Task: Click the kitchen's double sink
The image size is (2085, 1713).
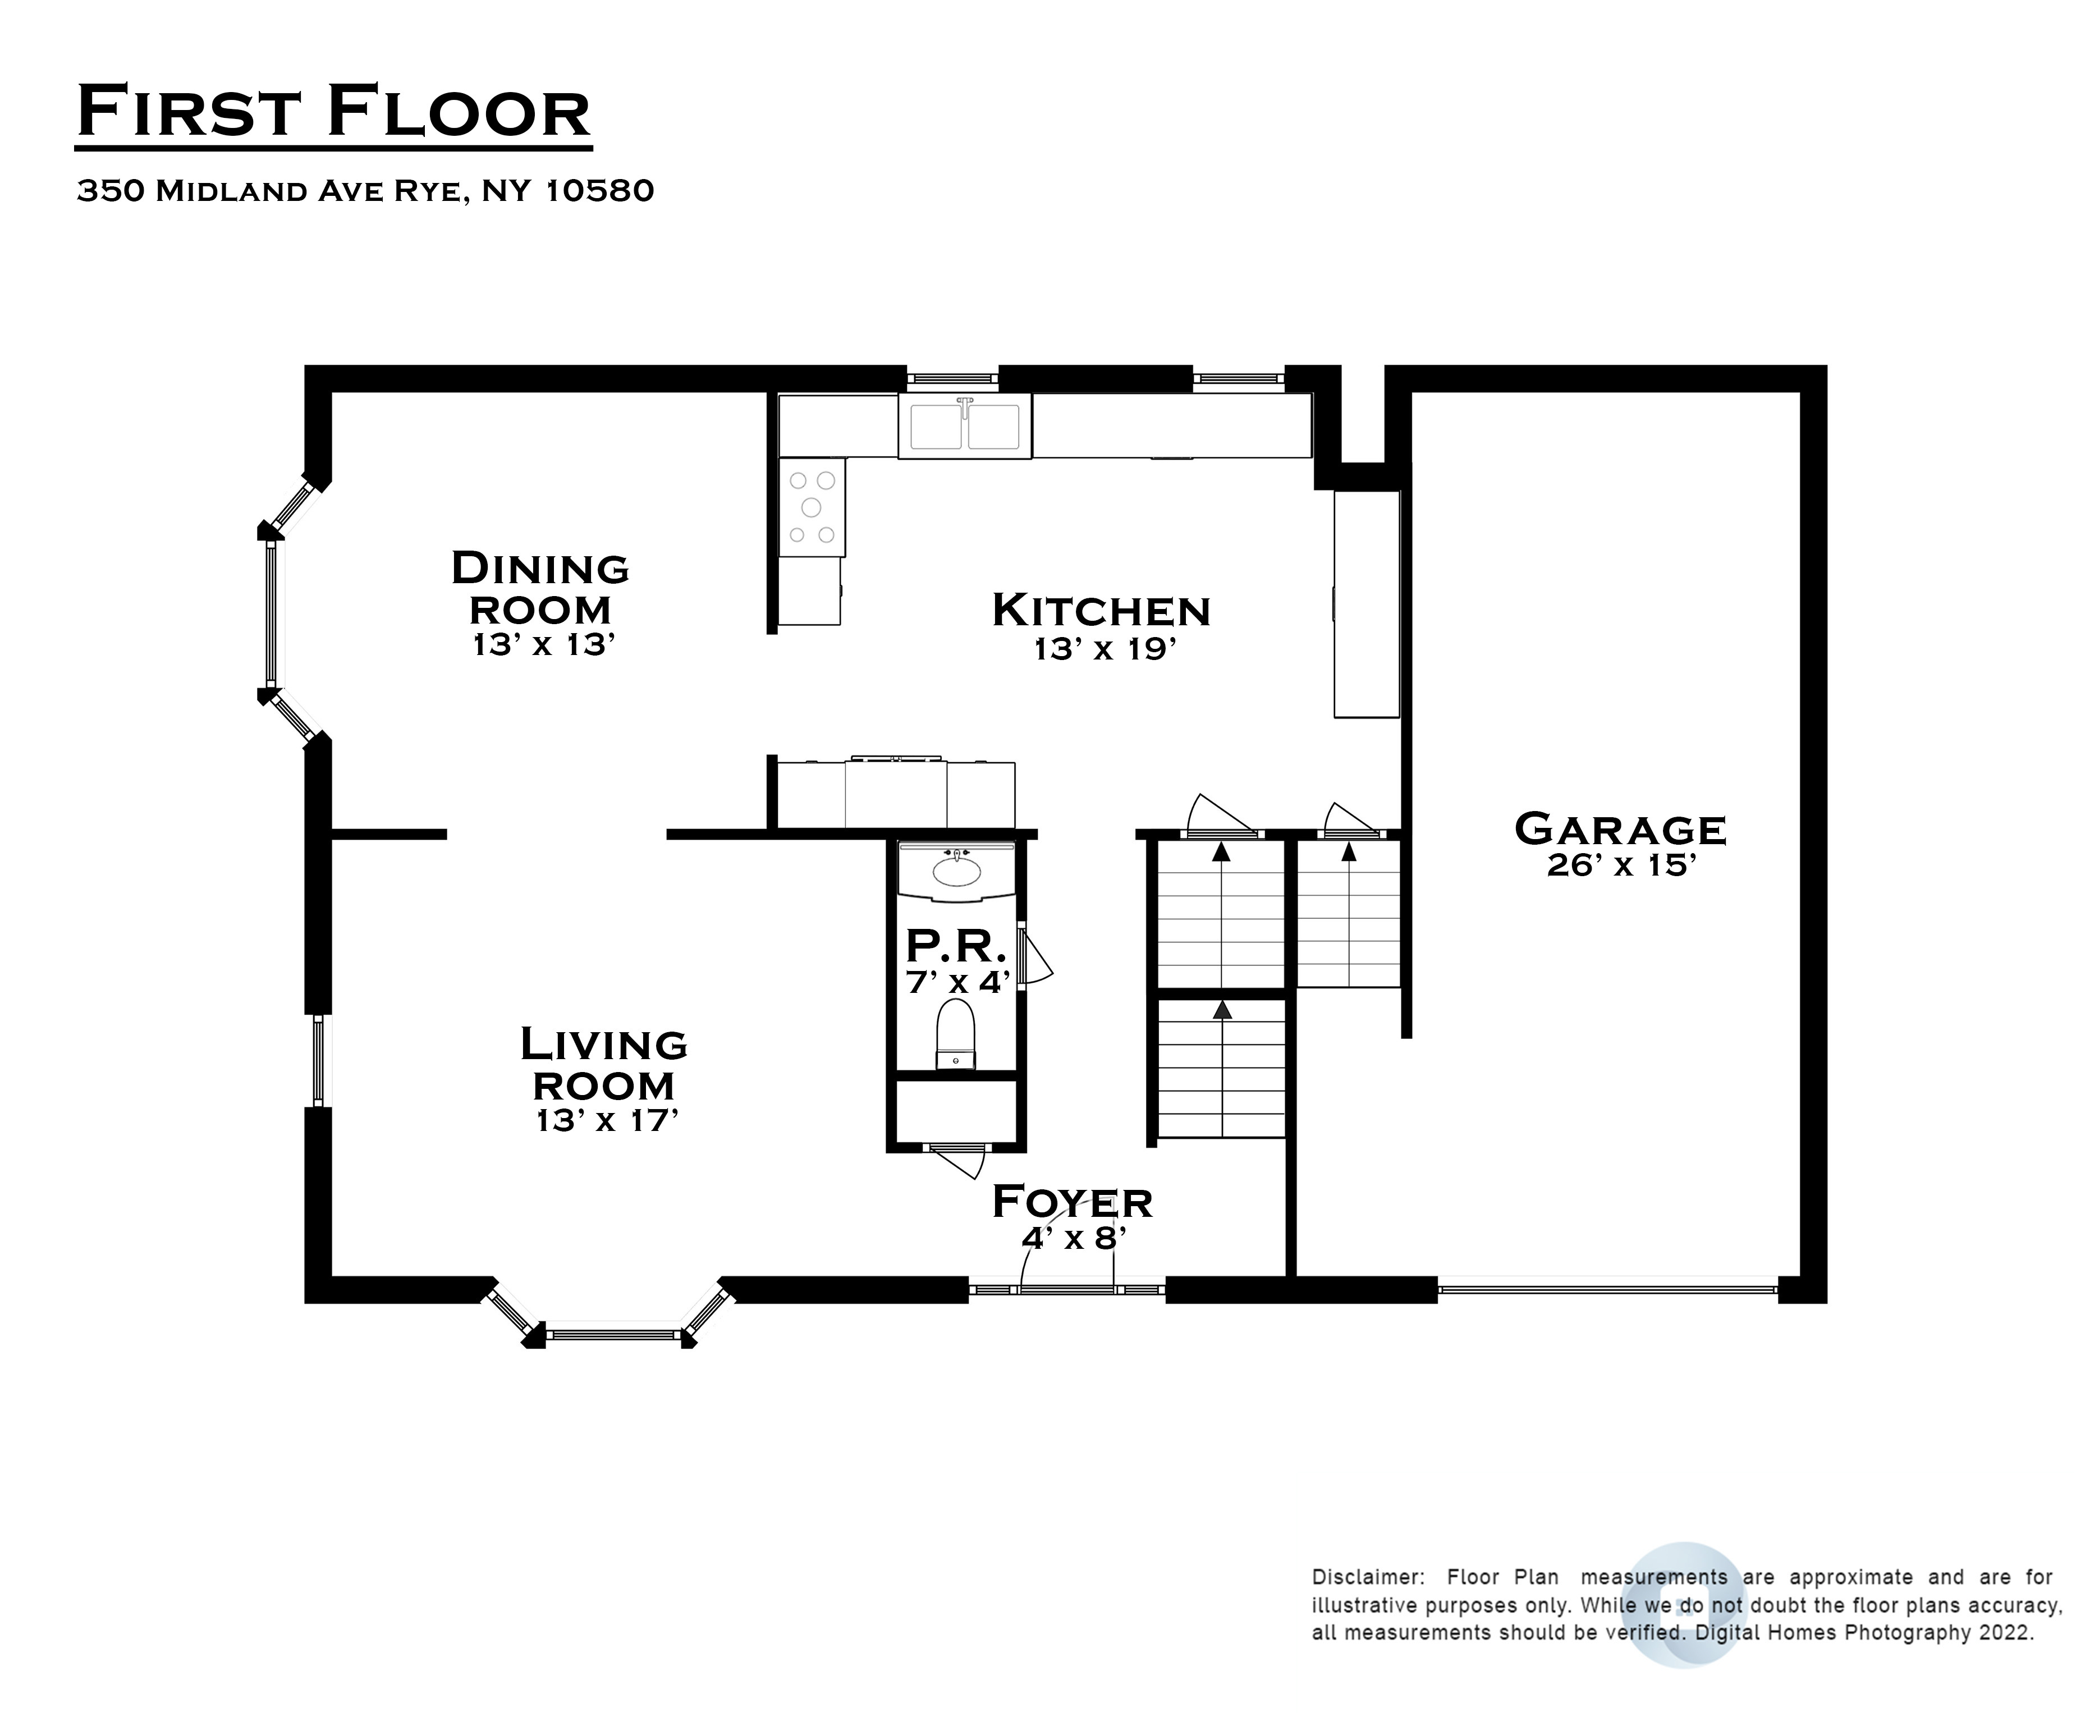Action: click(x=964, y=425)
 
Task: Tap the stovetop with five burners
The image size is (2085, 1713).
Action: click(x=811, y=507)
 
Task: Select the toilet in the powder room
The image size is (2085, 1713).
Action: click(x=955, y=1034)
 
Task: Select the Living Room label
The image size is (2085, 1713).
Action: click(x=604, y=1065)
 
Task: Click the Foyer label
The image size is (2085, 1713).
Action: click(x=1073, y=1201)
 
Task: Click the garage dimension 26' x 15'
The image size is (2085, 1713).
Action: click(x=1621, y=865)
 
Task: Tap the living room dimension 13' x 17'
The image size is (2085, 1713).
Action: click(x=607, y=1120)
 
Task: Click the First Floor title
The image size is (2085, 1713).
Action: click(x=333, y=112)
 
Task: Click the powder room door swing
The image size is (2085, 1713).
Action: click(x=1036, y=957)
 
